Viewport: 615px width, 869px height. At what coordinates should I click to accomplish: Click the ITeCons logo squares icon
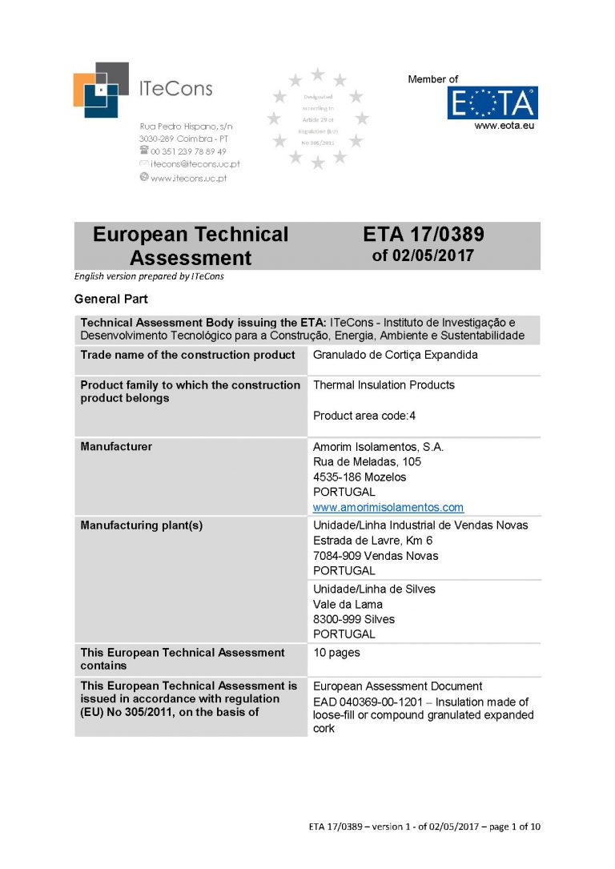100,90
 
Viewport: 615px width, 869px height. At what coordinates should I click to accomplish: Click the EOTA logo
492,103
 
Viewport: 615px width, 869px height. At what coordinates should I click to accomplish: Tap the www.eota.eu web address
504,126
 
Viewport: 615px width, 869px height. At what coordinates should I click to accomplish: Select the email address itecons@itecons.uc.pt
195,163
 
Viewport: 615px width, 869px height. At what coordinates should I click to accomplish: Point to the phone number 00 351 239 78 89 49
188,151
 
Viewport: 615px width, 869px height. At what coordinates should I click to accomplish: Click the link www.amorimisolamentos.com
388,507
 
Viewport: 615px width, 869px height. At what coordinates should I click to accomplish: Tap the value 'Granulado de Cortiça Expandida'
395,355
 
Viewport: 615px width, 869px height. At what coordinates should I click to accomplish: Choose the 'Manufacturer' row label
116,446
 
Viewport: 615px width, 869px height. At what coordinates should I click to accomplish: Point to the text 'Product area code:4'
364,415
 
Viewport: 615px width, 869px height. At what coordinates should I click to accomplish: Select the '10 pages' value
336,652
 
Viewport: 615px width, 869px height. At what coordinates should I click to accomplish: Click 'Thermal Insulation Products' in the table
384,384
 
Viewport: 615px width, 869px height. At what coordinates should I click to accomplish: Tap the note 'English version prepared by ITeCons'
149,276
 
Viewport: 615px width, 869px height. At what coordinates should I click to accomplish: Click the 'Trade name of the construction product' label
187,355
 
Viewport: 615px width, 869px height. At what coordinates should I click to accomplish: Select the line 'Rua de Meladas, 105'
367,461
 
